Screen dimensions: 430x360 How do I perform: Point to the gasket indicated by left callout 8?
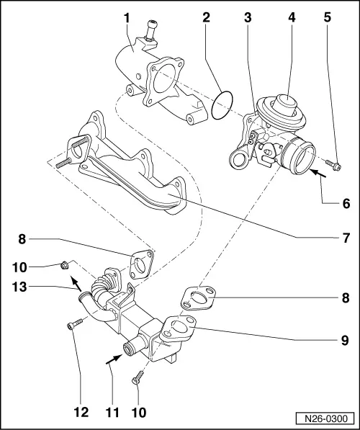pos(140,263)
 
